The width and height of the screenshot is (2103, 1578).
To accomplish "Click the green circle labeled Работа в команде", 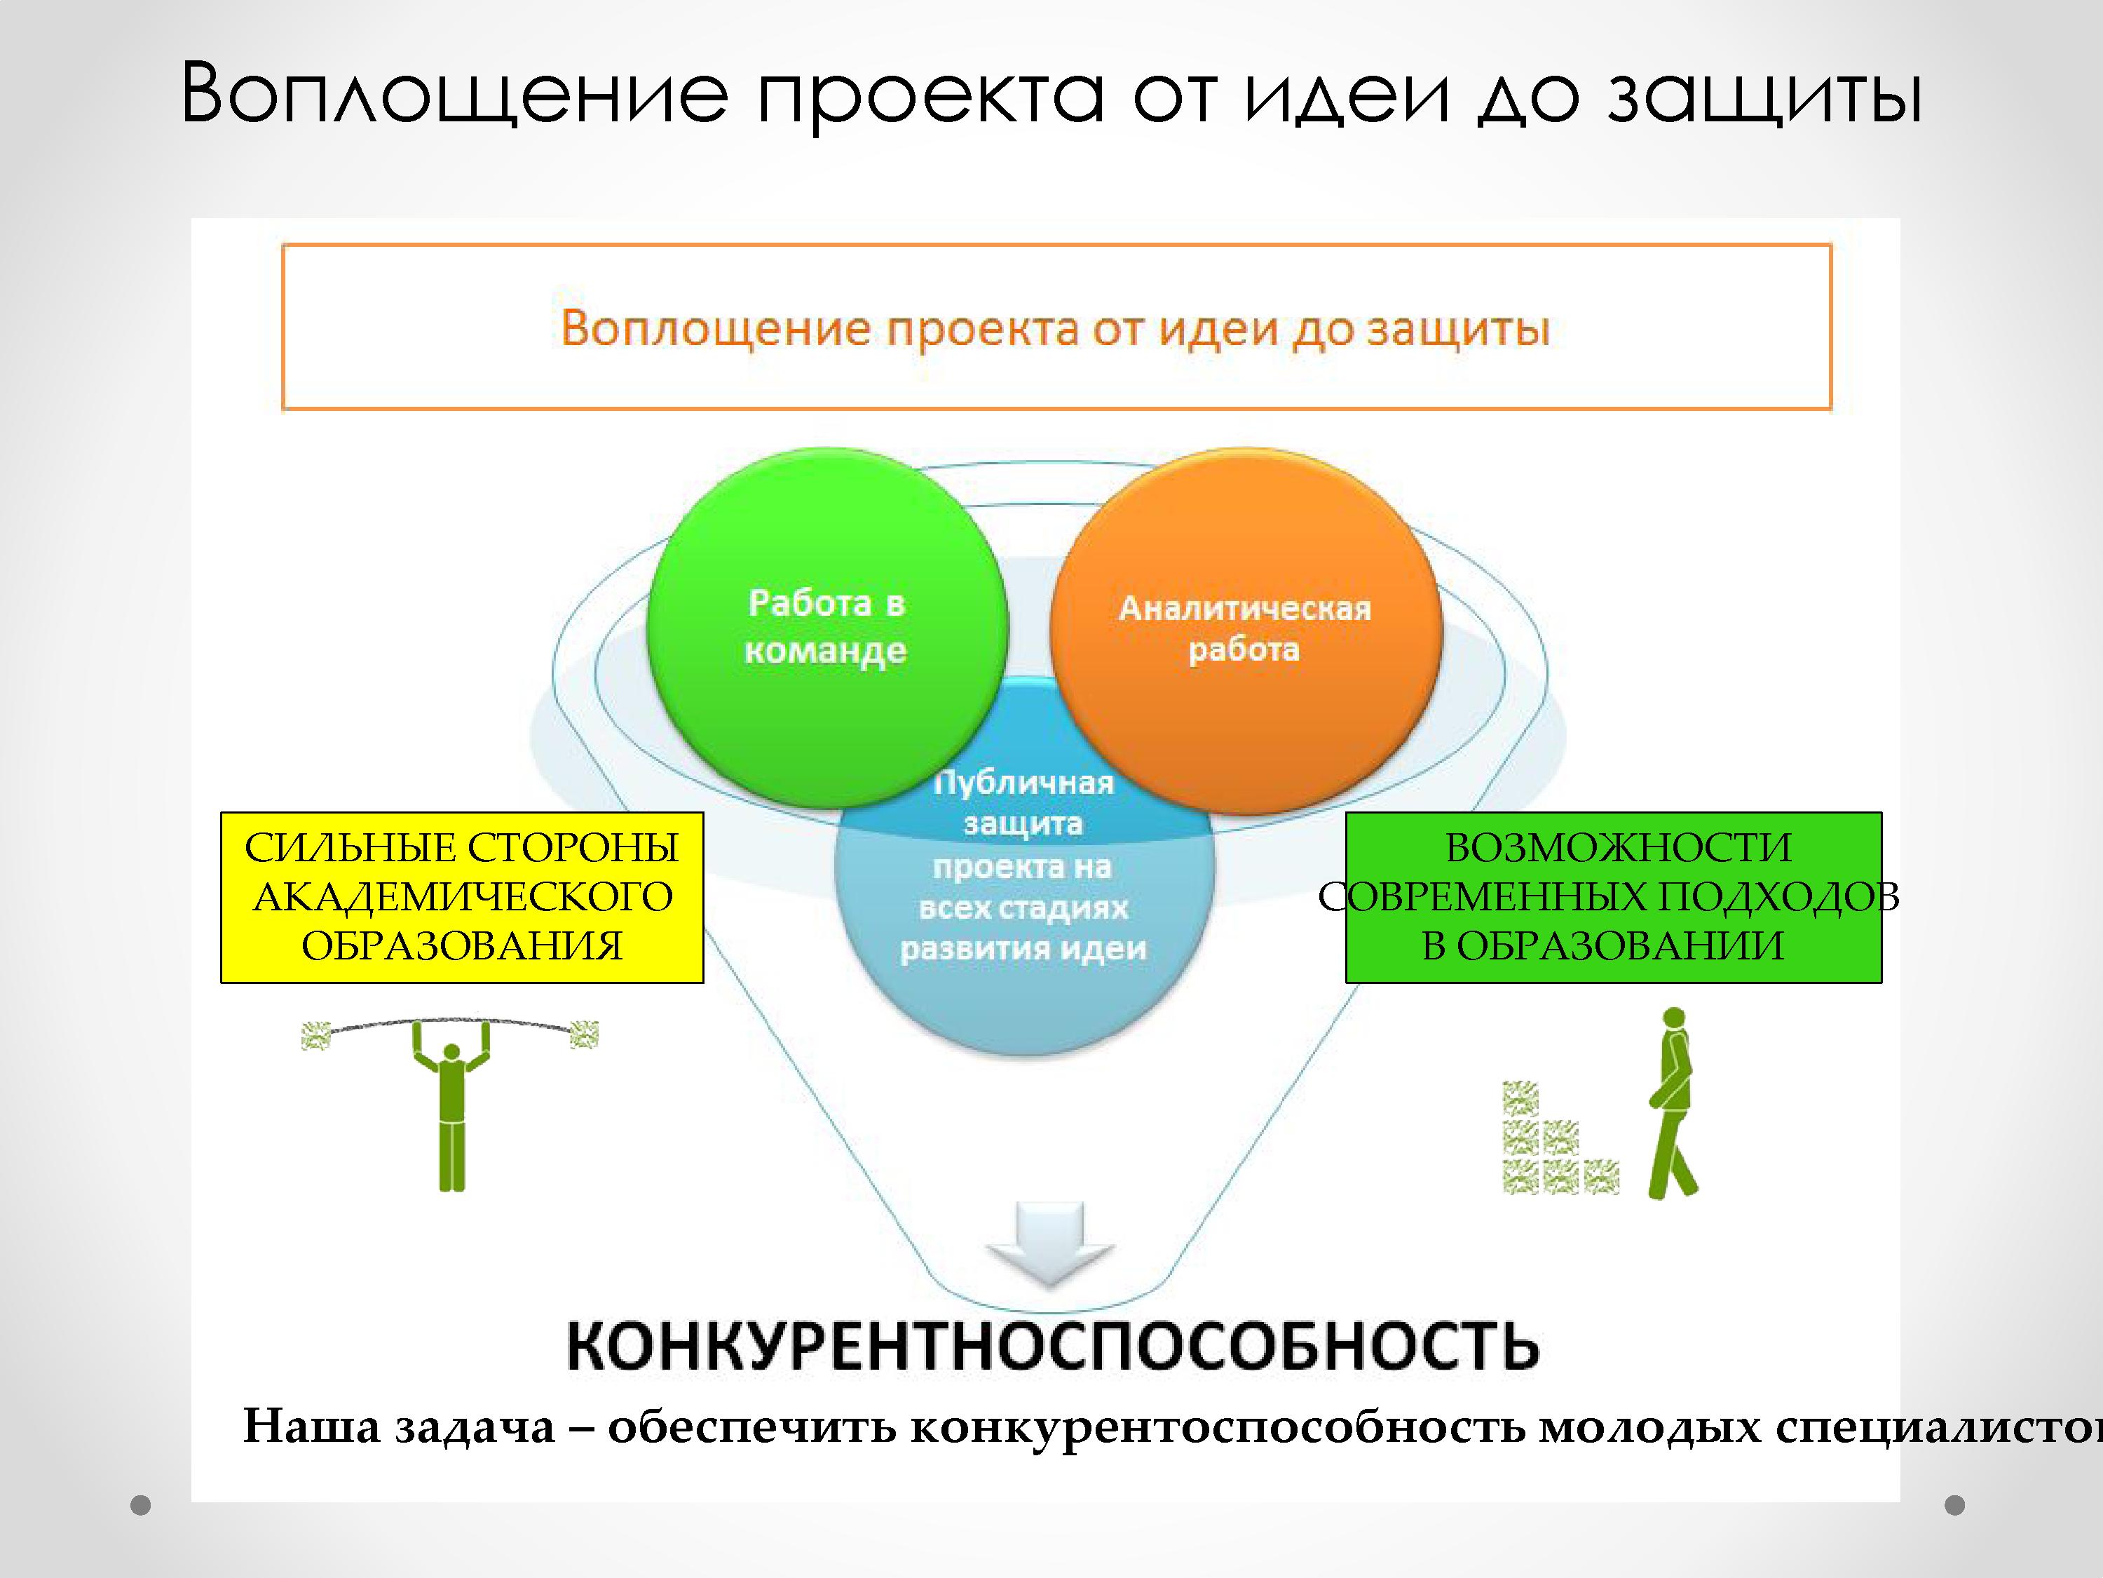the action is pyautogui.click(x=826, y=628).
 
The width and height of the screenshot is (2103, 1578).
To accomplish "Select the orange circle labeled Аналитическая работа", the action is pyautogui.click(x=1246, y=633).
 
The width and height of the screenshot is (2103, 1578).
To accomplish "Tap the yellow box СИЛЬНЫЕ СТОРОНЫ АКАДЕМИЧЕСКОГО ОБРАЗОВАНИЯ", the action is pyautogui.click(x=462, y=897).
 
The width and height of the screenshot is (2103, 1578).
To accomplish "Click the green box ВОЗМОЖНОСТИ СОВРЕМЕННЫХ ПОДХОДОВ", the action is pyautogui.click(x=1614, y=897).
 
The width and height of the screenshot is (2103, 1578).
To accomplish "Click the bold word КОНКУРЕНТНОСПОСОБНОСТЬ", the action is pyautogui.click(x=1052, y=1345).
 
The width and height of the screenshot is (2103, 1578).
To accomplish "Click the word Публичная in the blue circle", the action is pyautogui.click(x=1024, y=783).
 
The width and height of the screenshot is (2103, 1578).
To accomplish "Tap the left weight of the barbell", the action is pyautogui.click(x=315, y=1036).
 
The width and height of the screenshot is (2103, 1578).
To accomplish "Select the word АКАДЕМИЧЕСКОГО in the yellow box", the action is pyautogui.click(x=463, y=897).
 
